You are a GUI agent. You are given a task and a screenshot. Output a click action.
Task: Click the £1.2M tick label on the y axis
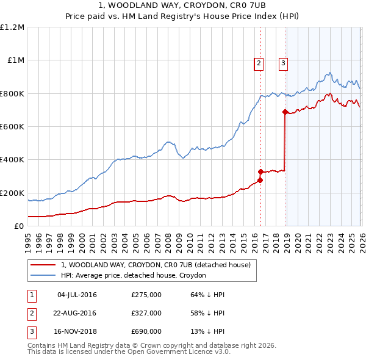coord(12,27)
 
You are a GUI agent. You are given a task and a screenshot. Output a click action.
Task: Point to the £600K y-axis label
coord(12,127)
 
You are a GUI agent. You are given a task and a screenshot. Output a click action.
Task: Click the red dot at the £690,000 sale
coord(285,112)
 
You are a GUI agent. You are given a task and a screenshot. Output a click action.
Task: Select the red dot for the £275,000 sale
coord(260,180)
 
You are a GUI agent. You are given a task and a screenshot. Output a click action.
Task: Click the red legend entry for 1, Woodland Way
coord(156,265)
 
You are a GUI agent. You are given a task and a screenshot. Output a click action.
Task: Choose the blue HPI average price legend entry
coord(134,276)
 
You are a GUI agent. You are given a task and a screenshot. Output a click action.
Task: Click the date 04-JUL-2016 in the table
coord(77,295)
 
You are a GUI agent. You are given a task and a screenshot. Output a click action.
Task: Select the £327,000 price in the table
coord(146,313)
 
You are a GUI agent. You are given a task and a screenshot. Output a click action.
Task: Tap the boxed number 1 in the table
coord(30,295)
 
